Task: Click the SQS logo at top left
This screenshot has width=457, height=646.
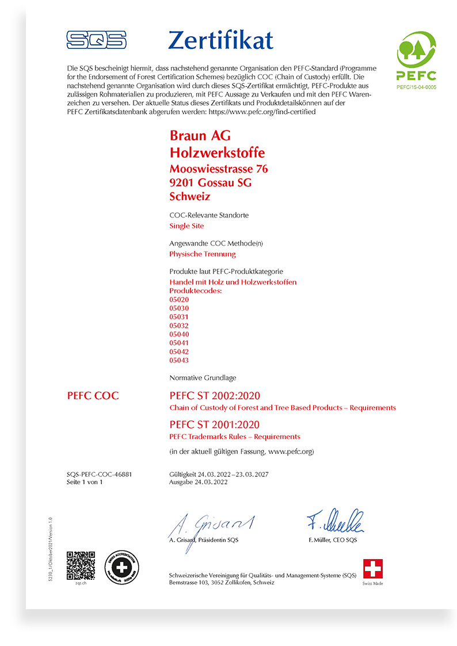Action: [96, 40]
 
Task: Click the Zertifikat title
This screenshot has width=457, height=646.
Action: [220, 40]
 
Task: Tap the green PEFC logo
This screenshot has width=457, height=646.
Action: [416, 57]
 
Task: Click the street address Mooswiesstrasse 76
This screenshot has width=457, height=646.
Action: [219, 169]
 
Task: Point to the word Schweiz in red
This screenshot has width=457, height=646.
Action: [190, 196]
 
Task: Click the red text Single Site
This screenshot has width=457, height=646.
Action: [186, 226]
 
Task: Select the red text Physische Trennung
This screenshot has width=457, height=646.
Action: [203, 254]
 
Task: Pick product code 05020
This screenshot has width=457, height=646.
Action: [179, 300]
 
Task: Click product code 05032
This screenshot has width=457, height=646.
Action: [179, 326]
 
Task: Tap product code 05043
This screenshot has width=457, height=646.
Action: [179, 360]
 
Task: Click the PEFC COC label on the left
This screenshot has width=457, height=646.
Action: [93, 395]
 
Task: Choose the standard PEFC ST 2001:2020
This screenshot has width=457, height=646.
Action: [215, 425]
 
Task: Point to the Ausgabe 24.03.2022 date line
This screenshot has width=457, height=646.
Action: [199, 483]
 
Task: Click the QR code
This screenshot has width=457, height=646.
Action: [81, 565]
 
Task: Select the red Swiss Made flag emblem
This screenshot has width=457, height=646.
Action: [372, 568]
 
